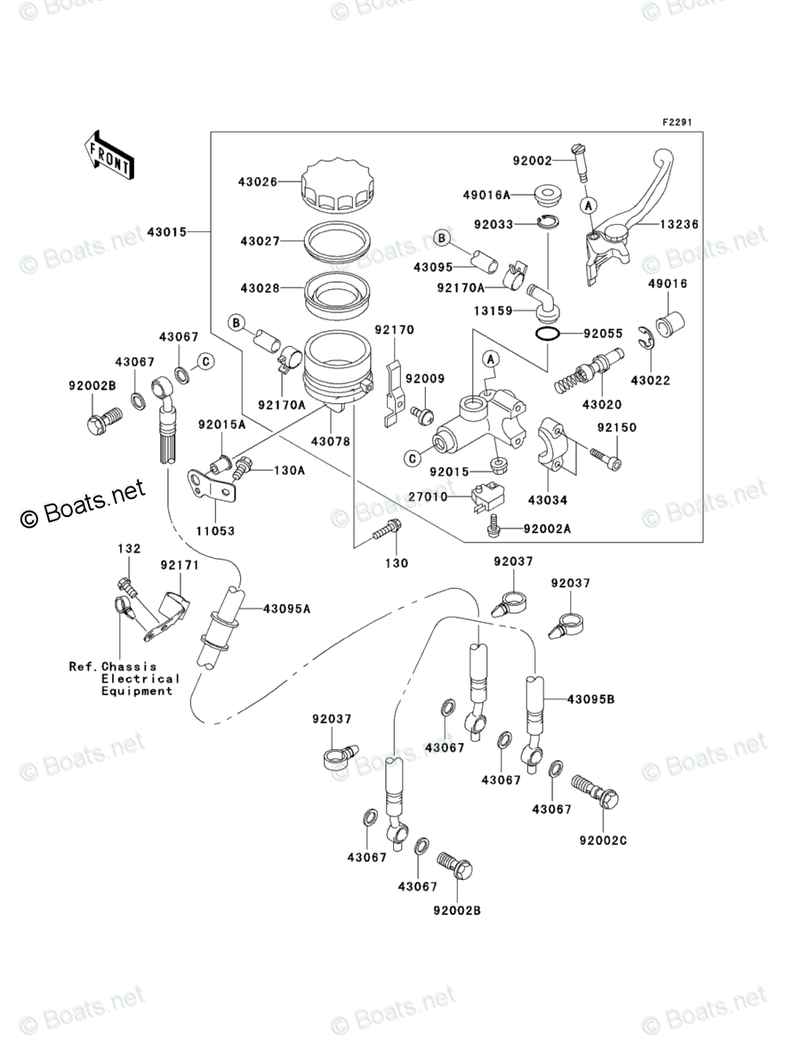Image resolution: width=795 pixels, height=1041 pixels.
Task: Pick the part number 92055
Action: coord(601,335)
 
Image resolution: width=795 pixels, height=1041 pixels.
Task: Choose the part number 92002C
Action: coord(603,840)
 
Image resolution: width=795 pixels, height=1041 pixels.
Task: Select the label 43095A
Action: coord(286,609)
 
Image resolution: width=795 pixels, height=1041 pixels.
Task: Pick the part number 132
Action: coord(129,549)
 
